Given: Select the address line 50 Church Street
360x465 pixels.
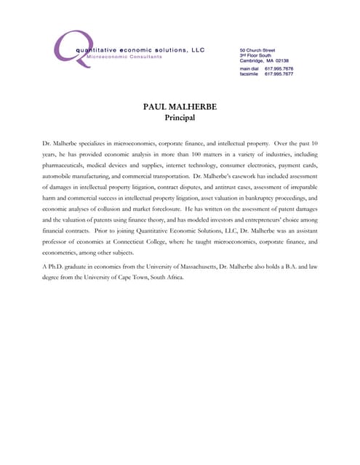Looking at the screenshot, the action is (257, 51).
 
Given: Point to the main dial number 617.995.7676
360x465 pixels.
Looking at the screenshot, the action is (279, 68).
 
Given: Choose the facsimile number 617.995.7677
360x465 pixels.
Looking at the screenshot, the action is (279, 74).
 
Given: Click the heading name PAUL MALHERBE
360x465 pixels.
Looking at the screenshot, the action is (180, 107).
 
